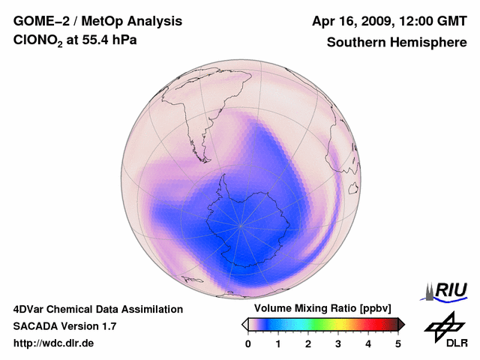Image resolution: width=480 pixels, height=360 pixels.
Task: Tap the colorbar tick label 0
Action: [x=248, y=343]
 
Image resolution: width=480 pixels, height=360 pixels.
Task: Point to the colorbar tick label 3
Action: [x=338, y=343]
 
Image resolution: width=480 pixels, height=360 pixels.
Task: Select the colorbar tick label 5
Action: [x=398, y=343]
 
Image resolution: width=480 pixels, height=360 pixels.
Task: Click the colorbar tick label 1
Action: [x=278, y=343]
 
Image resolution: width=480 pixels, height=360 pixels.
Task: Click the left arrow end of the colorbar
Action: [x=244, y=324]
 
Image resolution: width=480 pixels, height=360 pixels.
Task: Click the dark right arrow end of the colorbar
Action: [x=401, y=324]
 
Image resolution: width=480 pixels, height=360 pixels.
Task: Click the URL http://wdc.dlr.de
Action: [x=54, y=343]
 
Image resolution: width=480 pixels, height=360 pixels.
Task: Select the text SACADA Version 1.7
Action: [x=64, y=326]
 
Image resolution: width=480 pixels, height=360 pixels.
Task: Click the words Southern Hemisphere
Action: [x=397, y=43]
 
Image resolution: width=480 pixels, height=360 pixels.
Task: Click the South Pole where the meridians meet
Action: [x=241, y=224]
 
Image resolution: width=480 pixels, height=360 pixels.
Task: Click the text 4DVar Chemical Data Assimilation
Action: [x=97, y=309]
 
